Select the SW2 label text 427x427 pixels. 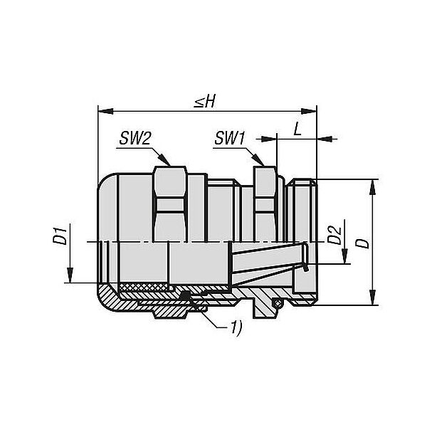[x=135, y=139]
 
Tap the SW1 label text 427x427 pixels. [x=230, y=138]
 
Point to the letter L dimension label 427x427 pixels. [x=297, y=130]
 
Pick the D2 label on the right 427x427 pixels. [x=334, y=235]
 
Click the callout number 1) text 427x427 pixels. [x=236, y=327]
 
